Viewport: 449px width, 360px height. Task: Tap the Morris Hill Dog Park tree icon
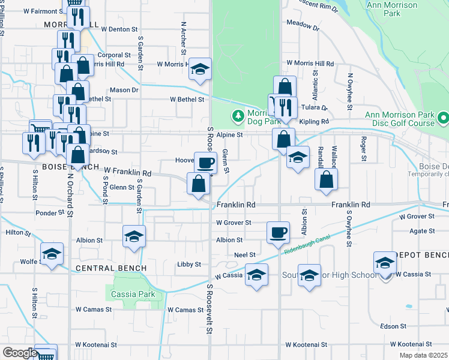click(238, 115)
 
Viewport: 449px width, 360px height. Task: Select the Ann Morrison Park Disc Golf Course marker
click(443, 117)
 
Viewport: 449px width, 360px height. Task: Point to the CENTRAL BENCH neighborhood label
click(104, 267)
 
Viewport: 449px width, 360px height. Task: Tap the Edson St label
click(394, 326)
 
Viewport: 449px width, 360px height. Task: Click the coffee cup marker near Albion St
click(278, 232)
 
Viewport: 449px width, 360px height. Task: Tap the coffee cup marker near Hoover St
click(205, 163)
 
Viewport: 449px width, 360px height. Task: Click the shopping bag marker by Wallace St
click(326, 179)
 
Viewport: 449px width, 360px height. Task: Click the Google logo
click(20, 353)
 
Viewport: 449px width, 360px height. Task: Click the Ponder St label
click(49, 213)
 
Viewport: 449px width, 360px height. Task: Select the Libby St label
click(189, 264)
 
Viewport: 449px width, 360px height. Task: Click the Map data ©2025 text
click(423, 355)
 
